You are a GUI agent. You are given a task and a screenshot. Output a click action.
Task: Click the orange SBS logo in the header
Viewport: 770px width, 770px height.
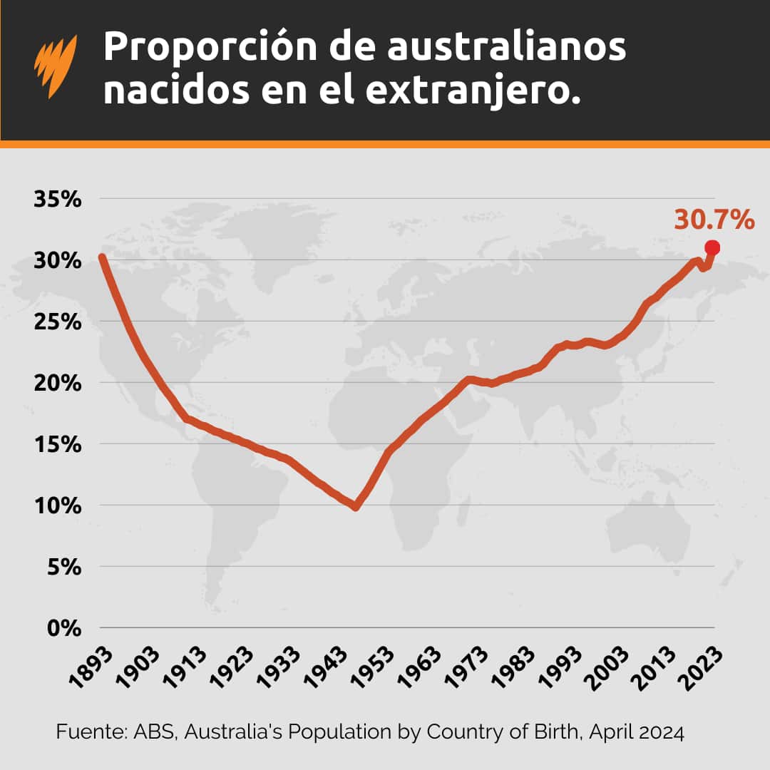[x=55, y=68]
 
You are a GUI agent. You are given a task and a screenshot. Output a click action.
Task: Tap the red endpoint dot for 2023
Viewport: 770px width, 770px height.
[x=712, y=247]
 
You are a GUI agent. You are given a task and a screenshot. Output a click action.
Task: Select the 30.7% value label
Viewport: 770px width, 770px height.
[x=714, y=220]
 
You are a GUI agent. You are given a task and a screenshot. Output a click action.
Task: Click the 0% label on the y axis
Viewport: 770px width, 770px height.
[x=64, y=628]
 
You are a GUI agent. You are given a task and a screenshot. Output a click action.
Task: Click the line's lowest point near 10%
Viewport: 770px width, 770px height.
[x=355, y=506]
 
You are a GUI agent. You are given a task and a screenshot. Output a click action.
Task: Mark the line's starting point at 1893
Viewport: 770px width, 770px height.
[x=102, y=257]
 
